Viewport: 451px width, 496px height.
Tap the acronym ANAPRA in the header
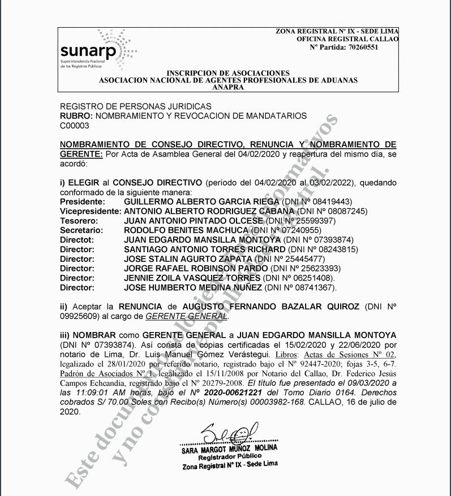tap(228, 88)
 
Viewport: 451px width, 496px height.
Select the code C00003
tap(75, 125)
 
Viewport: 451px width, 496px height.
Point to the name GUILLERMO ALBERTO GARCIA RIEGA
tap(201, 201)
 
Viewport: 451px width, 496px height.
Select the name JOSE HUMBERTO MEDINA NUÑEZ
tap(193, 288)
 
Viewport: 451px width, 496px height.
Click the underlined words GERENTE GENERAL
tap(187, 316)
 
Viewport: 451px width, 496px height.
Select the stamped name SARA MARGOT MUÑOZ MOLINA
tap(229, 448)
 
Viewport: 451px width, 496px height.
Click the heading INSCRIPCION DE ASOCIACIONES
tap(228, 73)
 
